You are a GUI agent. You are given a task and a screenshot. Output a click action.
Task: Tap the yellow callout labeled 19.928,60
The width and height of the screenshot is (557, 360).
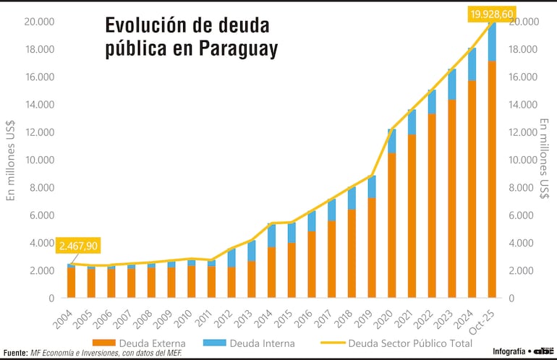[472, 14]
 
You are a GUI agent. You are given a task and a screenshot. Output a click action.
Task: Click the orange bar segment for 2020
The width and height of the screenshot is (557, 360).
[391, 225]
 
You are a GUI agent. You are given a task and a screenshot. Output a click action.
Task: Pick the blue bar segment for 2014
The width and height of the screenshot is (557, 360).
[271, 236]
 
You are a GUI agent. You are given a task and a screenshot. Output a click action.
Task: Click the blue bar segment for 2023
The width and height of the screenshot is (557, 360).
[451, 85]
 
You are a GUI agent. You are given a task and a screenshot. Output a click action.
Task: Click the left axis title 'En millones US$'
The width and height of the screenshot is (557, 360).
[11, 159]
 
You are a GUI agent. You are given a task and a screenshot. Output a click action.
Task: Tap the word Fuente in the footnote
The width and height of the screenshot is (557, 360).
[15, 353]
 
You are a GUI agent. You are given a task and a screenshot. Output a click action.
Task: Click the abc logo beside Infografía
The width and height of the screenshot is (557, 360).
[543, 351]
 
